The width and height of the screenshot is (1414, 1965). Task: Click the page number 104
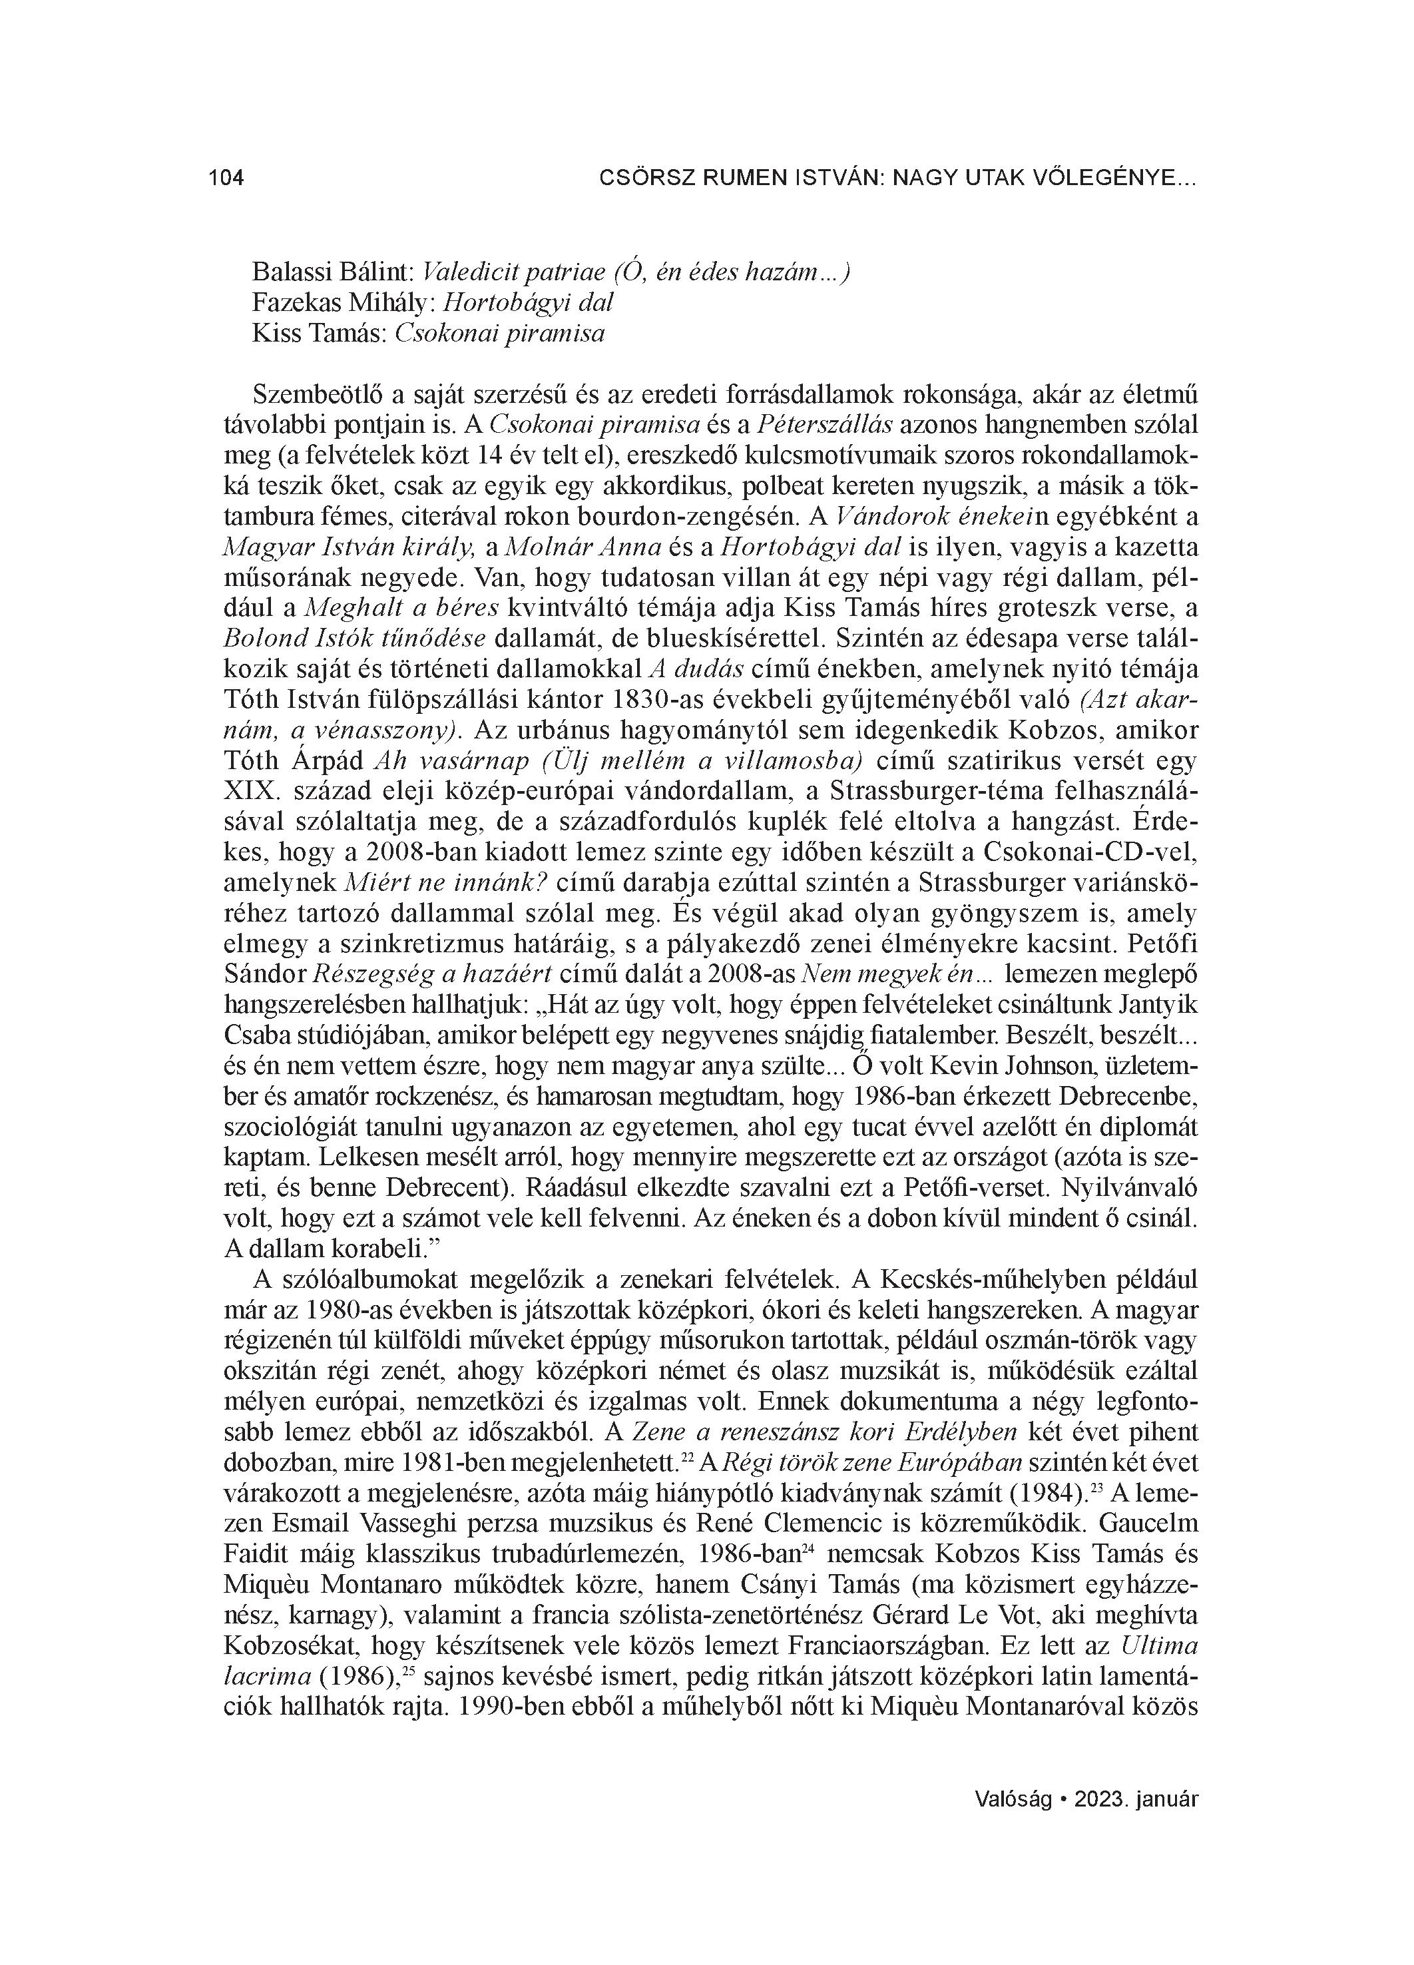pos(227,178)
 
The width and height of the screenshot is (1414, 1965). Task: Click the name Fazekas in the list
pos(291,302)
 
